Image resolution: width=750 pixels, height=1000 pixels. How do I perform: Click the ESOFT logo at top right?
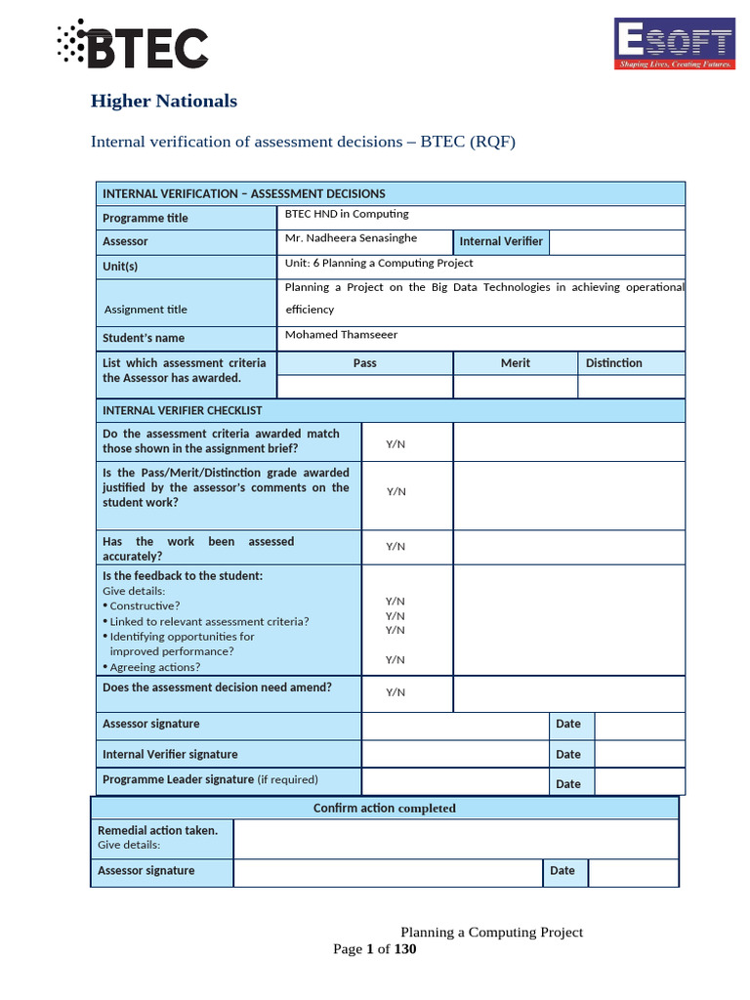click(x=673, y=44)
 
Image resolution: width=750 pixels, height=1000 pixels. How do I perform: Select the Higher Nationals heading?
click(x=163, y=101)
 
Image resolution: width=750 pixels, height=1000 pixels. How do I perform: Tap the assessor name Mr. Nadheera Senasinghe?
click(x=351, y=238)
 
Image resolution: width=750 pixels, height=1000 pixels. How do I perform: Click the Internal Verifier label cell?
click(x=501, y=241)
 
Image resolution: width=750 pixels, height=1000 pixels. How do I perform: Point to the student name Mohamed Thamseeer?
click(x=341, y=335)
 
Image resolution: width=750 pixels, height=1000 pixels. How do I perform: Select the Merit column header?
click(x=515, y=363)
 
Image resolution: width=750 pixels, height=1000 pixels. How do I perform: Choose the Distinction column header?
click(x=613, y=363)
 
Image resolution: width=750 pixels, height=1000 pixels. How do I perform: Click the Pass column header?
click(x=364, y=363)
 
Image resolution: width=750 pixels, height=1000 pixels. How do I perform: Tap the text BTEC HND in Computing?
click(x=346, y=214)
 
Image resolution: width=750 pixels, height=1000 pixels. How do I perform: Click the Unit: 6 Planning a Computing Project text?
click(x=378, y=264)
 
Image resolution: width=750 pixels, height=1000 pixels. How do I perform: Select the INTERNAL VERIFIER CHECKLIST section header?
click(x=182, y=410)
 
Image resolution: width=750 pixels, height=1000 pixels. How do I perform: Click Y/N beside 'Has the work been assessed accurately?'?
click(x=396, y=547)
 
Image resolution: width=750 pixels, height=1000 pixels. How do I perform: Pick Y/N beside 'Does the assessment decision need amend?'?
click(x=396, y=692)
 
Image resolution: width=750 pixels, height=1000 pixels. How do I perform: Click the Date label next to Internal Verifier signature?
click(x=567, y=754)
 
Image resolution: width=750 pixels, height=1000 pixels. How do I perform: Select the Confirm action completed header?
click(x=384, y=808)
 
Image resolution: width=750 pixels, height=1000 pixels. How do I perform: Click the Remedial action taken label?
click(x=157, y=830)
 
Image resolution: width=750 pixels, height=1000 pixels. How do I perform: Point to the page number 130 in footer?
click(x=405, y=949)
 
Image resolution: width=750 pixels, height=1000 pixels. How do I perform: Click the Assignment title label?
click(x=146, y=310)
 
